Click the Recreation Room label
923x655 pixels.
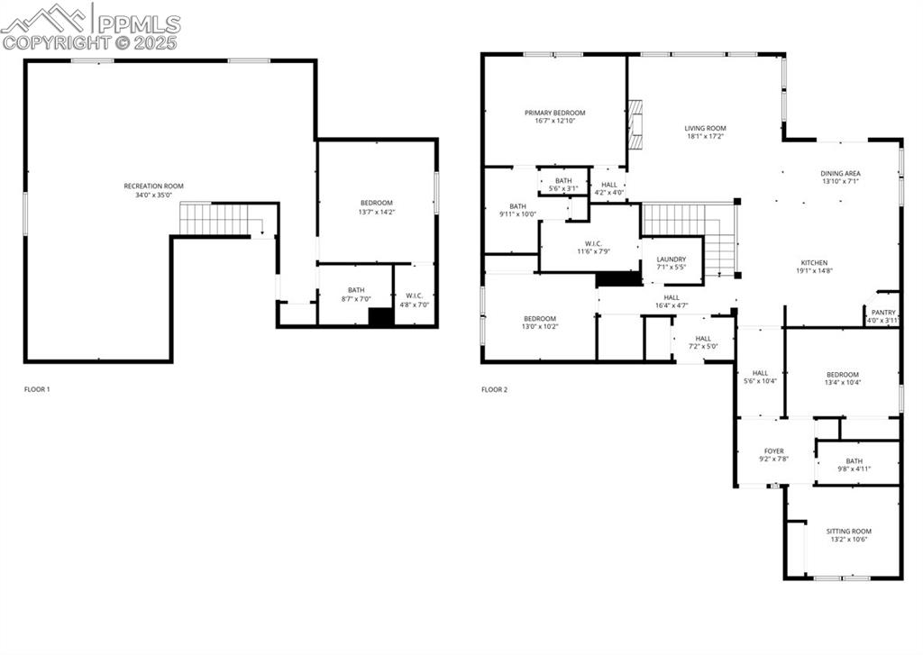pyautogui.click(x=153, y=186)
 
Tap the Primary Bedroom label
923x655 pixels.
pyautogui.click(x=554, y=113)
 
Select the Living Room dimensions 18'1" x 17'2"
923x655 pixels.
pyautogui.click(x=705, y=137)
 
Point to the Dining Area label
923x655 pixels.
pyautogui.click(x=840, y=173)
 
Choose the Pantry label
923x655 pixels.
pyautogui.click(x=882, y=312)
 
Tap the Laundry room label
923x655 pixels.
pyautogui.click(x=671, y=259)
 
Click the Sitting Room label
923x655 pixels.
pyautogui.click(x=849, y=531)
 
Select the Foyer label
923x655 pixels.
pyautogui.click(x=773, y=450)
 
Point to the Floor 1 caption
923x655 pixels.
pyautogui.click(x=37, y=389)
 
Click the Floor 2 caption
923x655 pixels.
pyautogui.click(x=494, y=389)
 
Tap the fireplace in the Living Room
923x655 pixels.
pyautogui.click(x=637, y=123)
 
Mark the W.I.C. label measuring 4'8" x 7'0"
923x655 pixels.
pyautogui.click(x=415, y=296)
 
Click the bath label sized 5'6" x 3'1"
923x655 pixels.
pyautogui.click(x=563, y=180)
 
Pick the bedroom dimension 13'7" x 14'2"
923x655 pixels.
pyautogui.click(x=377, y=212)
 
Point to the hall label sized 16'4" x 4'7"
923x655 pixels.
pyautogui.click(x=672, y=297)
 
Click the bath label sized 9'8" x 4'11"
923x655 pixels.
pyautogui.click(x=854, y=460)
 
